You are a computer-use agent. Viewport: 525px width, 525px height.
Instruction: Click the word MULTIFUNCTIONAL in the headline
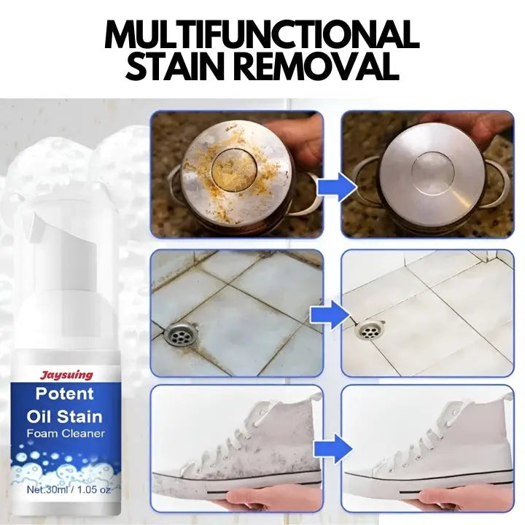(262, 35)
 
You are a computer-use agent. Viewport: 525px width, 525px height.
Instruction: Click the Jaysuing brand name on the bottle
(66, 375)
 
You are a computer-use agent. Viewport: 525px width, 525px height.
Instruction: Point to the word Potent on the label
(64, 394)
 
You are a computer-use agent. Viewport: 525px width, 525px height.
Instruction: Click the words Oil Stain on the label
(64, 416)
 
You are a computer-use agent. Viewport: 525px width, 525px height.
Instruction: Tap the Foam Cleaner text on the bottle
(66, 434)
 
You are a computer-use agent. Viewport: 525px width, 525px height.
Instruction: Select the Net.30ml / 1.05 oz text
(69, 489)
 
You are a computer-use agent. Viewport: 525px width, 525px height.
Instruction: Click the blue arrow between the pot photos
(337, 187)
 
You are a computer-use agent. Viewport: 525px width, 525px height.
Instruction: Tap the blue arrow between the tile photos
(330, 315)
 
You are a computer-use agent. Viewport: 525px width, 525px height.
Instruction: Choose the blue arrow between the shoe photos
(333, 448)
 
